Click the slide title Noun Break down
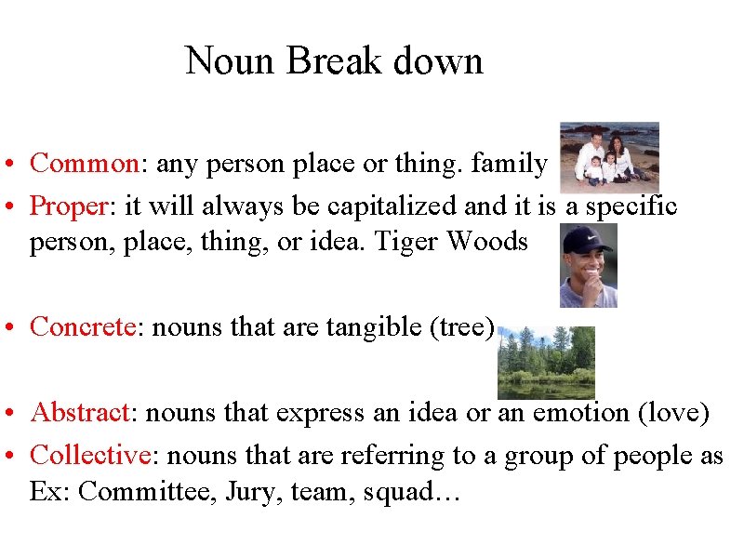tap(334, 61)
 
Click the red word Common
tap(85, 164)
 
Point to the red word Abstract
tap(79, 412)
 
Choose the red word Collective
tap(90, 455)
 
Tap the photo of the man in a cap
tap(588, 265)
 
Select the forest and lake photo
tap(546, 362)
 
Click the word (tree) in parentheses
tap(465, 326)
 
